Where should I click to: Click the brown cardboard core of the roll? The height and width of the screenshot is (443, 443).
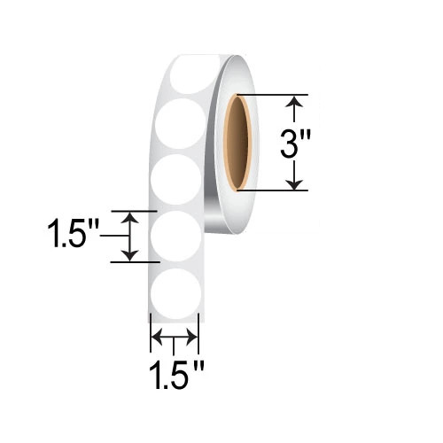[x=237, y=142]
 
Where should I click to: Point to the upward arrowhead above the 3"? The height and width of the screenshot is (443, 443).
[x=298, y=103]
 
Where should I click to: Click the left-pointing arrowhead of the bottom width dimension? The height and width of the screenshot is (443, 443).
[x=157, y=337]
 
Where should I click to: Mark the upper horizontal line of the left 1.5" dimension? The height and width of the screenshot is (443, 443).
[x=137, y=212]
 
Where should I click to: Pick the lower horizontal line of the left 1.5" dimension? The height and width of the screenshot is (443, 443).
[x=137, y=261]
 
